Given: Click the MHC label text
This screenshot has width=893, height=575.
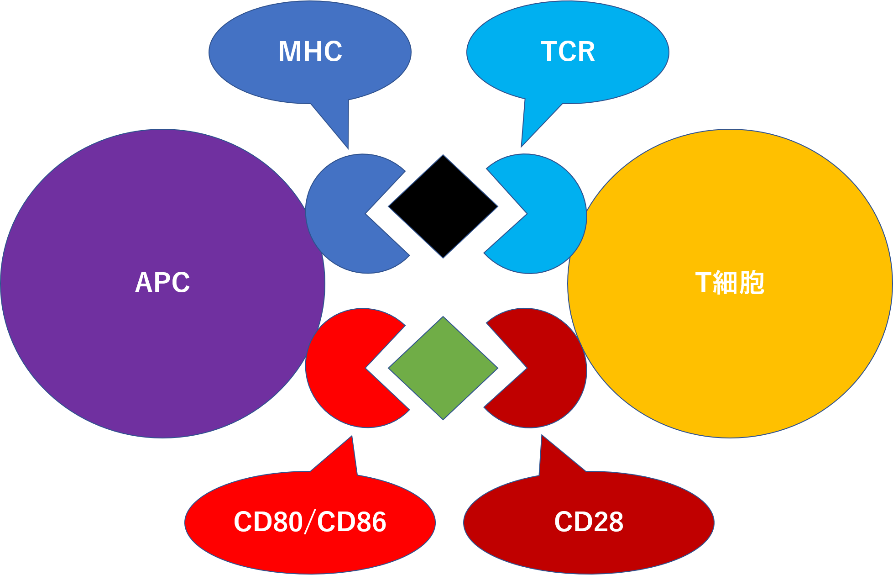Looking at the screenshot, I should [310, 51].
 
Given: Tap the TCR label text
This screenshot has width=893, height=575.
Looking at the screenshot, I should [568, 51].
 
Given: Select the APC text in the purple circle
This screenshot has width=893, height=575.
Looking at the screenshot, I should [162, 282].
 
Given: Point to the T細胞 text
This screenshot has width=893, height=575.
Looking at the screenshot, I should [730, 282].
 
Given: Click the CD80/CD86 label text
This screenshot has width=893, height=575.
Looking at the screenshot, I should [310, 522].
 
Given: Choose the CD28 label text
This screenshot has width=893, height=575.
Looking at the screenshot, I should [589, 522].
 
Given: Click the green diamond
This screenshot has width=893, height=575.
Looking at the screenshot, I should [443, 368].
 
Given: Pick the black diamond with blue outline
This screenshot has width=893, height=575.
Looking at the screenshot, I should [443, 206].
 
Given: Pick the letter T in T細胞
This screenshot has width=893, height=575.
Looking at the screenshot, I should [703, 282].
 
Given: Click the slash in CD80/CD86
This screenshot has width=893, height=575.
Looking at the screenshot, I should [310, 522].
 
